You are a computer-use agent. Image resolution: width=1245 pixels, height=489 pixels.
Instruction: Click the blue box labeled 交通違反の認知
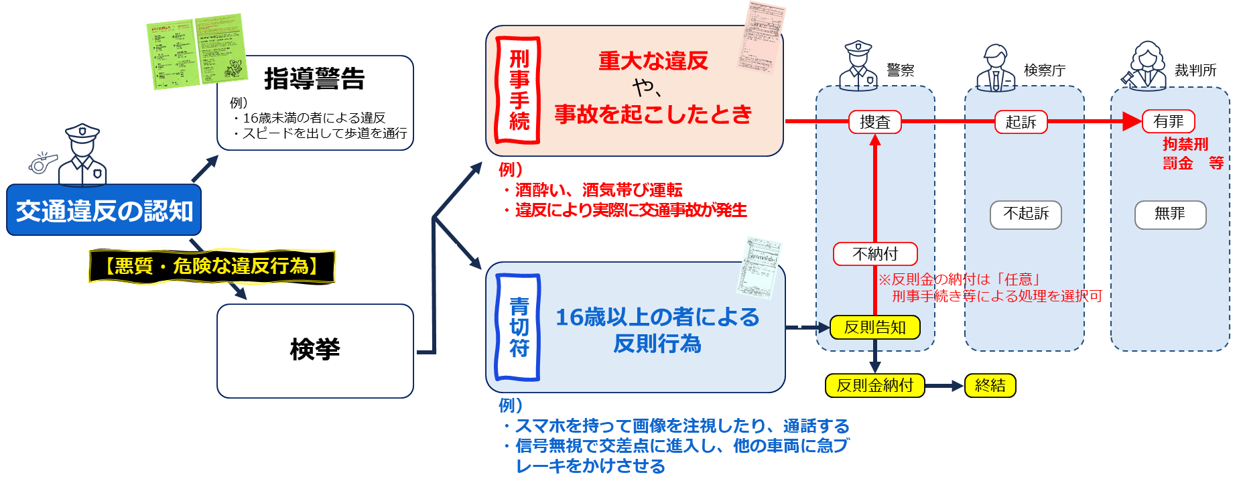coord(104,210)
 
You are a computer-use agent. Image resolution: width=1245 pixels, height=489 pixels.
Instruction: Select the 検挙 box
coord(315,350)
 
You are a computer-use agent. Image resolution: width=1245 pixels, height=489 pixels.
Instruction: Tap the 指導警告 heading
coord(314,79)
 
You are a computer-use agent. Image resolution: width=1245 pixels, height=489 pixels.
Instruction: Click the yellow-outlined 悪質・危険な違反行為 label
coord(212,266)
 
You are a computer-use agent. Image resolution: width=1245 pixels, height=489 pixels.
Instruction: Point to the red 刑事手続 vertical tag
coord(518,90)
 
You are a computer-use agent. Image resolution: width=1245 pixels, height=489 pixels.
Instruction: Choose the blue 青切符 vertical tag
coord(518,328)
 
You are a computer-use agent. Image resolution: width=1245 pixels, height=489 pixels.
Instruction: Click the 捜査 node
coord(874,122)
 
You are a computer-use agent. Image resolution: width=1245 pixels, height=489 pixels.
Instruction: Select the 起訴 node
coord(1021,122)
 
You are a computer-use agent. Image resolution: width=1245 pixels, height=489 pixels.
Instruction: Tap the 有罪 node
coord(1169,122)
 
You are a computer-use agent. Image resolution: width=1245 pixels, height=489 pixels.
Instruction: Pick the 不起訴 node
coord(1026,214)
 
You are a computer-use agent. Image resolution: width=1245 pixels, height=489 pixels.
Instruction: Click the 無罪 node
coord(1170,214)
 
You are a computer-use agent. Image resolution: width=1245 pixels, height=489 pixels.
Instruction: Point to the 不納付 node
coord(875,254)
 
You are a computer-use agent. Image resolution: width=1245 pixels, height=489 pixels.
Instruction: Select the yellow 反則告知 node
coord(875,328)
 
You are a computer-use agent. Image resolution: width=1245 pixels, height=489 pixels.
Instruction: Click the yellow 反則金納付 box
coord(875,385)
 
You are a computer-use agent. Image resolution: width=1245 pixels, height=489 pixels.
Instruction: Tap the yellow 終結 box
coord(990,385)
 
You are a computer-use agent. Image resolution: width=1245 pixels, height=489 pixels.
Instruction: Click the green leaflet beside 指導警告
coord(196,51)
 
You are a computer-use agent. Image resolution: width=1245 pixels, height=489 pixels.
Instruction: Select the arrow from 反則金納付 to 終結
coord(945,386)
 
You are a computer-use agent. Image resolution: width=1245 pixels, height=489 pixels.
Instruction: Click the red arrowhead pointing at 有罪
coord(1132,122)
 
